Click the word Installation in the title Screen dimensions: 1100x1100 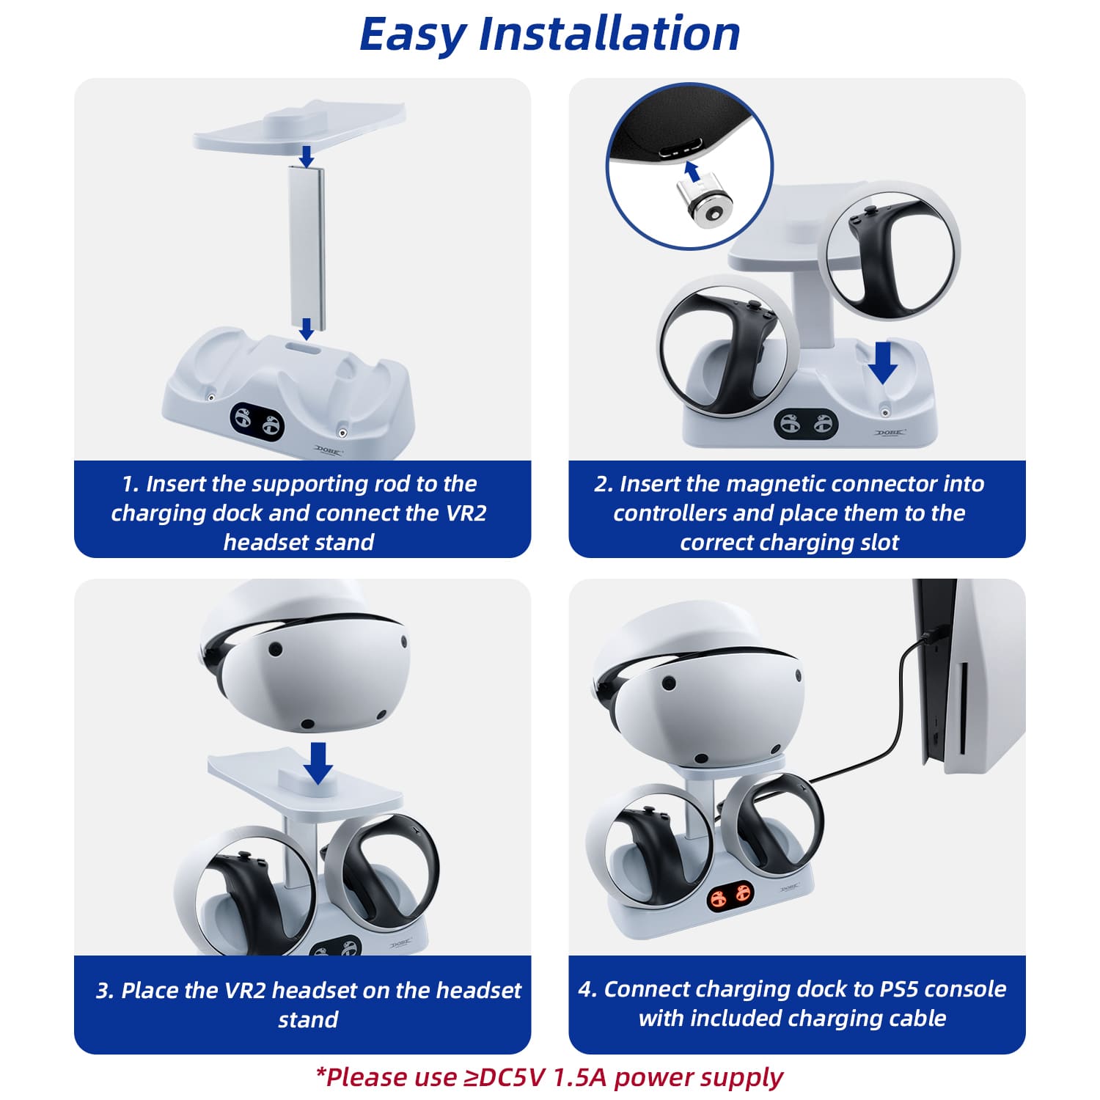click(x=609, y=33)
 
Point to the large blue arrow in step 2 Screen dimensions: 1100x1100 click(x=883, y=362)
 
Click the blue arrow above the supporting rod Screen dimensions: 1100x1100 click(x=307, y=155)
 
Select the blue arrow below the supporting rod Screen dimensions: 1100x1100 click(x=307, y=329)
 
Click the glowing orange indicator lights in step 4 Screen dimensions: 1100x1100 click(x=731, y=896)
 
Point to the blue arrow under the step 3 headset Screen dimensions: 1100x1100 click(x=318, y=763)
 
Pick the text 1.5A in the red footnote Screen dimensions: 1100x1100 click(x=580, y=1077)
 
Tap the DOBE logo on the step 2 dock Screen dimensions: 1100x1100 click(x=890, y=433)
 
